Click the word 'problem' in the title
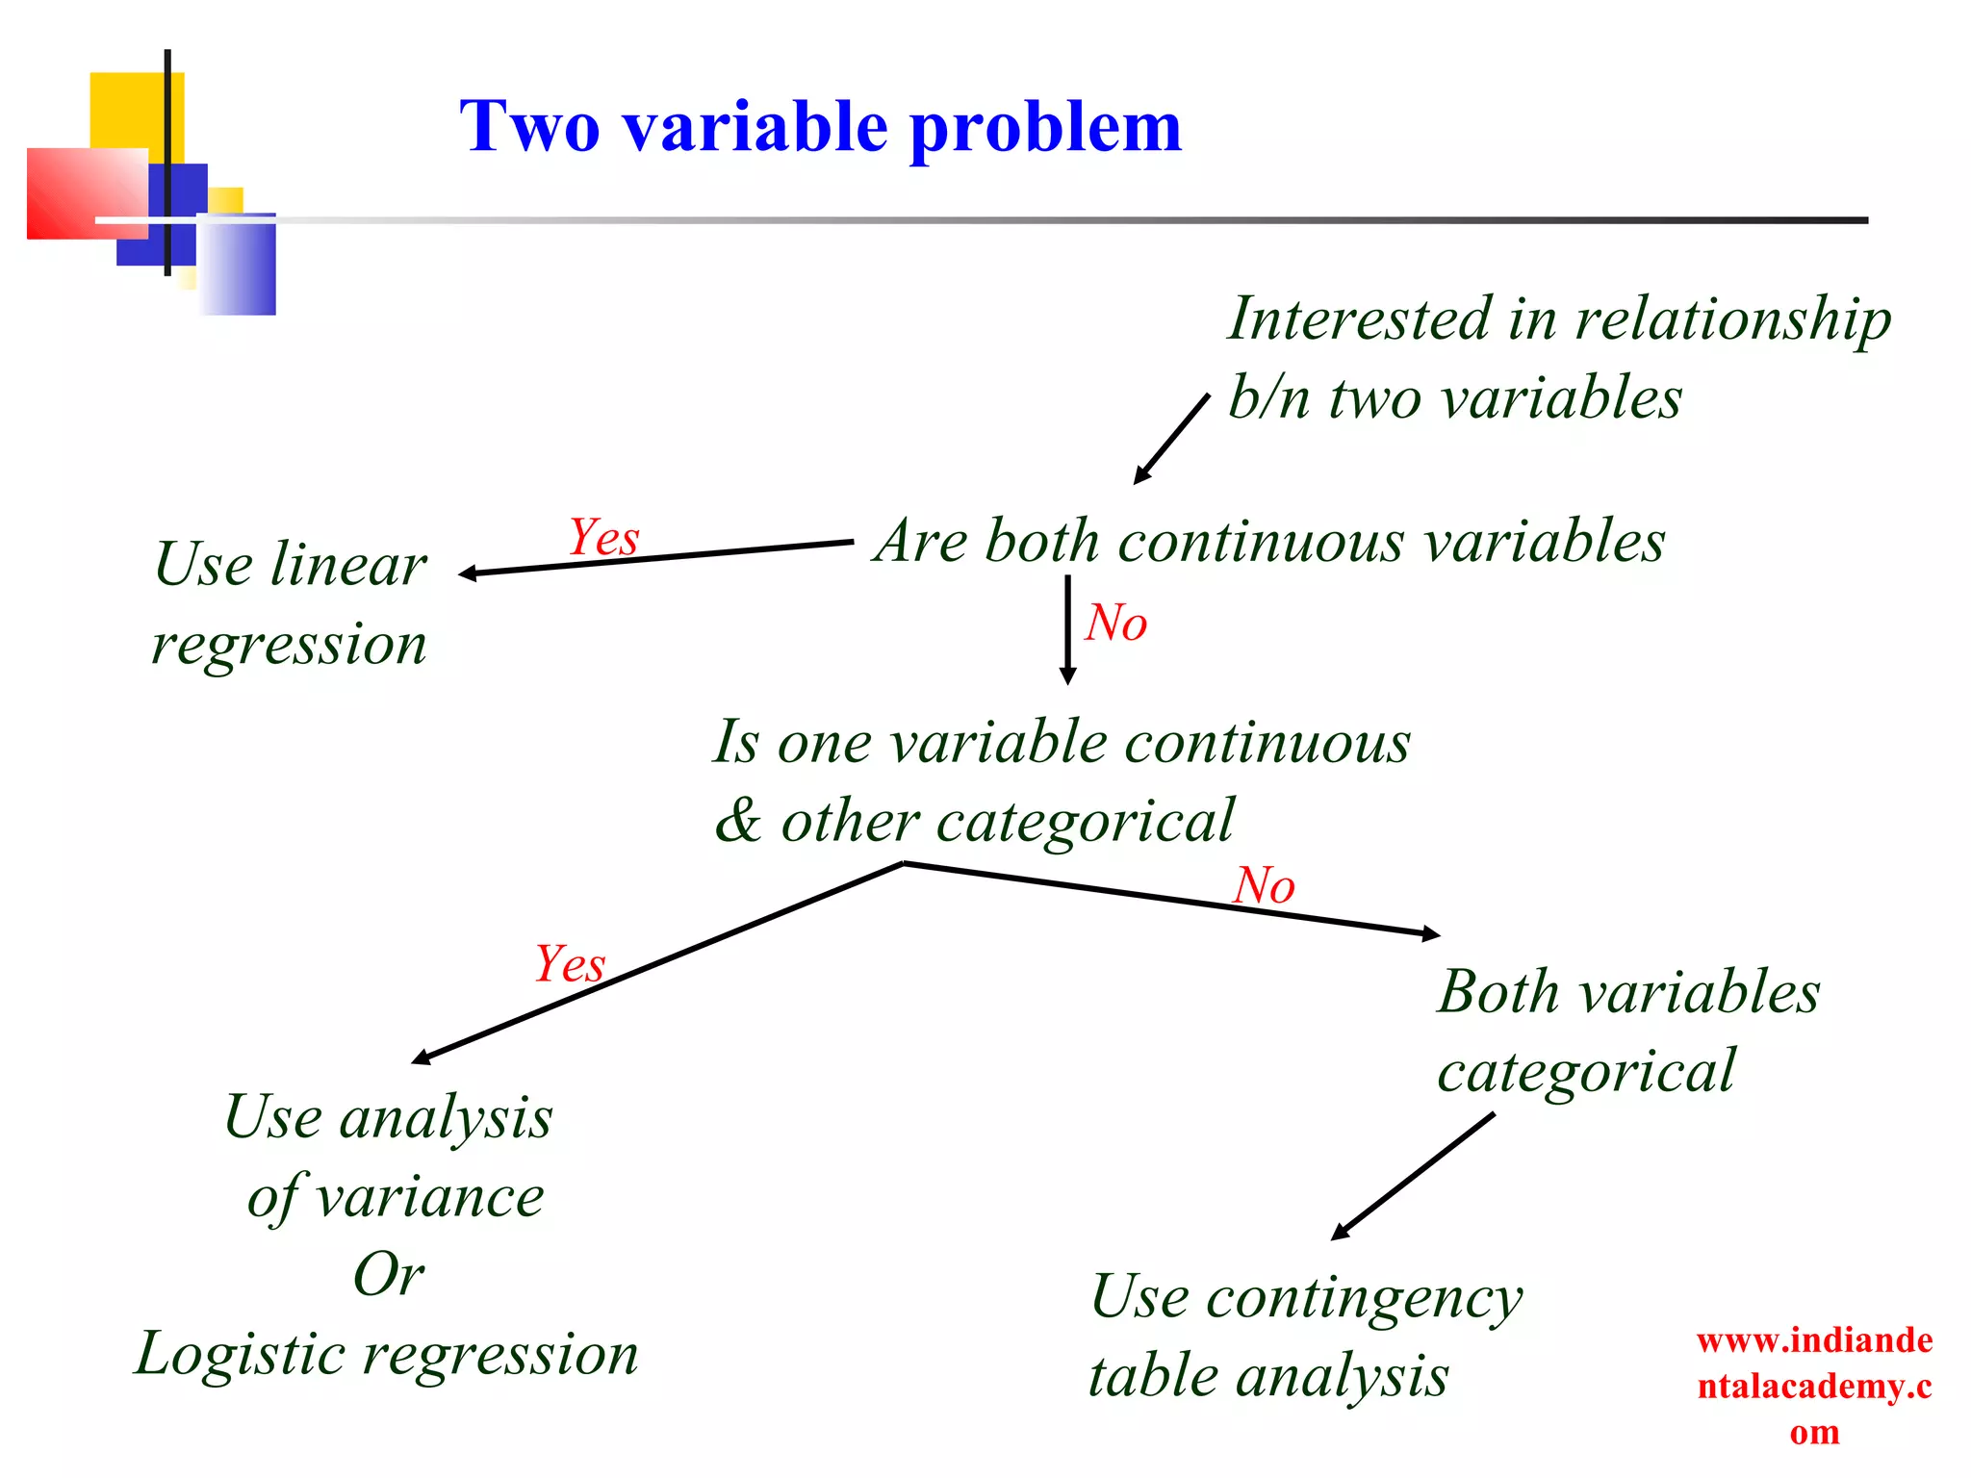click(1044, 129)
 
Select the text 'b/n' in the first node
click(1268, 397)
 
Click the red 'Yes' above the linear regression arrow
click(603, 537)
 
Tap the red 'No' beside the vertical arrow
click(1116, 623)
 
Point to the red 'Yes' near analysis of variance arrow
click(570, 964)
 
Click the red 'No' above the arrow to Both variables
click(1264, 885)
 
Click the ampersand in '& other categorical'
click(738, 822)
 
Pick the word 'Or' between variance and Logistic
click(389, 1275)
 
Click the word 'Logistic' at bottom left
click(239, 1354)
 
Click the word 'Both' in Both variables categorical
click(1497, 992)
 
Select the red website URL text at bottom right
click(1814, 1386)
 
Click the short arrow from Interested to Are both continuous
click(1171, 438)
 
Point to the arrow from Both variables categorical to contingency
click(1413, 1176)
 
